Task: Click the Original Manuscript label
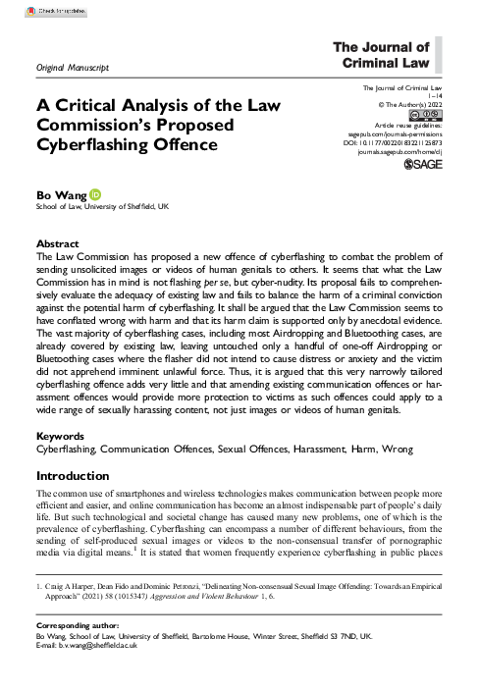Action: point(71,67)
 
